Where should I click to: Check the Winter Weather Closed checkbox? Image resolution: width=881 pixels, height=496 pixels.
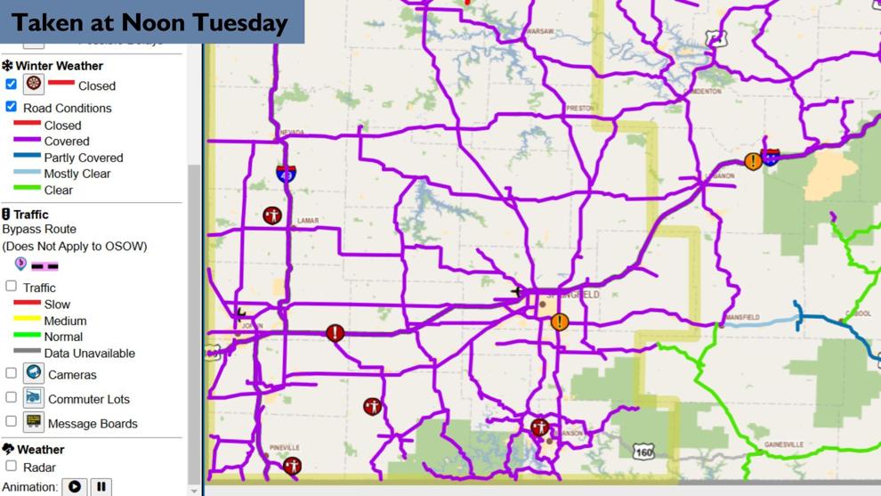tap(11, 84)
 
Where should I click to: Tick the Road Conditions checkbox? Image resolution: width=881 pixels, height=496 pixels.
tap(11, 107)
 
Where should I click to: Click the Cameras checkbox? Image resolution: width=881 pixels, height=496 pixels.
tap(11, 374)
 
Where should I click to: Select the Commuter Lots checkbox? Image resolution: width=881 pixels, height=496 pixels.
tap(11, 398)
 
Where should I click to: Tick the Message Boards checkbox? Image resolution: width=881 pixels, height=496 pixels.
tap(11, 422)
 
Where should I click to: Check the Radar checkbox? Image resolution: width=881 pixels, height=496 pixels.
tap(11, 466)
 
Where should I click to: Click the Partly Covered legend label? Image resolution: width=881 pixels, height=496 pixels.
tap(83, 158)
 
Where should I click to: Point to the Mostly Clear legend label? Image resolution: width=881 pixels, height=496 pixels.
tap(77, 174)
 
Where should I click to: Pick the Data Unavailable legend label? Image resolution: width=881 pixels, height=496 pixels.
tap(89, 353)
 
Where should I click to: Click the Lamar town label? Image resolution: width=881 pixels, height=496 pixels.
tap(308, 221)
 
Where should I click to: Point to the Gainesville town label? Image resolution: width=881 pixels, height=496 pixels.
tap(784, 444)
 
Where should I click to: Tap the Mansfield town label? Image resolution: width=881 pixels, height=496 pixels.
tap(742, 317)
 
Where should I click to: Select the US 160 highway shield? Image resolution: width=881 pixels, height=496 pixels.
tap(644, 452)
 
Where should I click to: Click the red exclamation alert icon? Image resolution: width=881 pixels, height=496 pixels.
tap(335, 333)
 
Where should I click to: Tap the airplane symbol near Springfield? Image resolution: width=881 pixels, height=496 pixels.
tap(517, 291)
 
